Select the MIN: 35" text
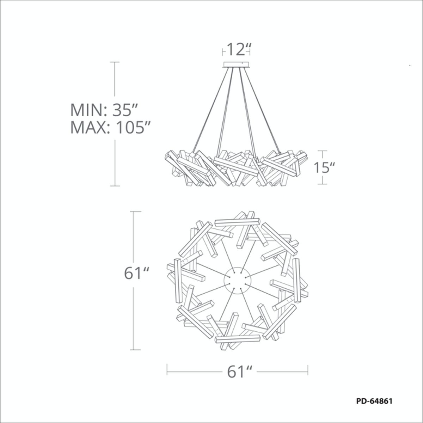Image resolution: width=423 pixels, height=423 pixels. (104, 110)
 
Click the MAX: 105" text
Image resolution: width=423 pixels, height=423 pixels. (110, 128)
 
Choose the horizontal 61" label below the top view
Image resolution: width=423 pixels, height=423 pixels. (238, 372)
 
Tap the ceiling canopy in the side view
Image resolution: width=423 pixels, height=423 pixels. (236, 64)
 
